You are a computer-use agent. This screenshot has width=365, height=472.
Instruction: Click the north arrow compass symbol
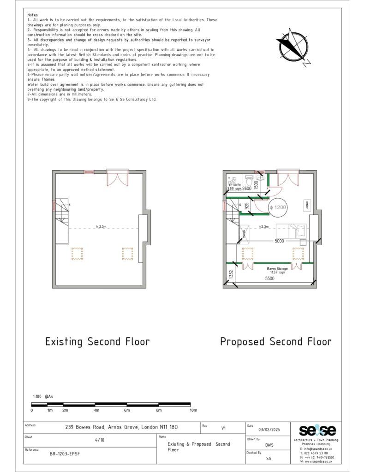[293, 45]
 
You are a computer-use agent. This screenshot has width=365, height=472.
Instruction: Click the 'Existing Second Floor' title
[97, 342]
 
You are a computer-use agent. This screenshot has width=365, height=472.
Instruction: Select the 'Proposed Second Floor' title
[275, 342]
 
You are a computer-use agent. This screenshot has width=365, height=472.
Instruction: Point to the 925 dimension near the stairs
[247, 206]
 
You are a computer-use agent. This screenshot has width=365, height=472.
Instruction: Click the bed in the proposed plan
[291, 228]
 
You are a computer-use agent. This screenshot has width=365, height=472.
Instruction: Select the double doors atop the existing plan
[116, 177]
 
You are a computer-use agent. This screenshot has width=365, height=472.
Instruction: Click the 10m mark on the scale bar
[193, 410]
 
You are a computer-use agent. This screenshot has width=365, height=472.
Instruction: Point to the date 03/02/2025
[269, 429]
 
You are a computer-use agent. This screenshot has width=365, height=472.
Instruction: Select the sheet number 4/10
[100, 440]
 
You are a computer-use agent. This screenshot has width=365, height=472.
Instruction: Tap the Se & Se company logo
[317, 431]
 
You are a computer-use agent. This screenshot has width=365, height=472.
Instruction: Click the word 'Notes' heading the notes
[33, 15]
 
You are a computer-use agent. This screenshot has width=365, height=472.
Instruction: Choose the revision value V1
[224, 428]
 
